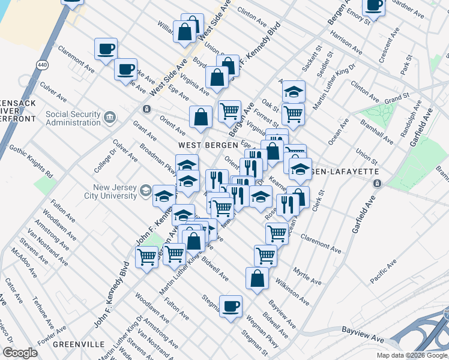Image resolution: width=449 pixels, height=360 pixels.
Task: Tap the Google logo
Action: (x=20, y=353)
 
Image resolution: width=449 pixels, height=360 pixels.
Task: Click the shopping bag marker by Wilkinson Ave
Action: (x=257, y=278)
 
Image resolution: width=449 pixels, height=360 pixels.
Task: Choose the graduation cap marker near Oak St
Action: (x=294, y=91)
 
